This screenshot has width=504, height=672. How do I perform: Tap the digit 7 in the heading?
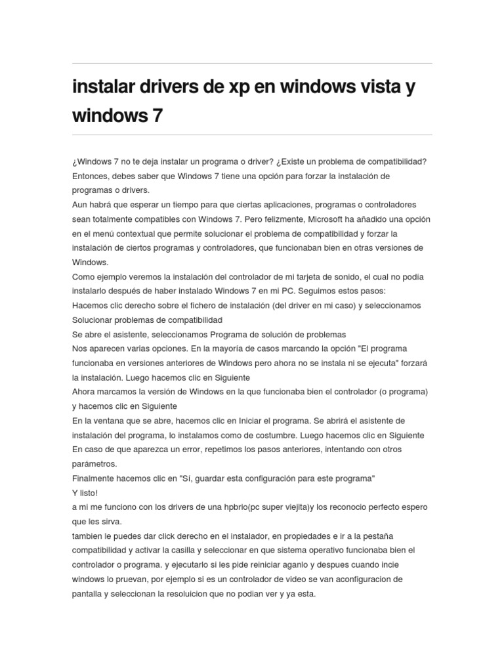[157, 116]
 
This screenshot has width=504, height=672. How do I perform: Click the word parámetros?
[94, 464]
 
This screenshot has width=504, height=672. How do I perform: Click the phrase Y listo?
[85, 493]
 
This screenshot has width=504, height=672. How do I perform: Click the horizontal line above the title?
[252, 64]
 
